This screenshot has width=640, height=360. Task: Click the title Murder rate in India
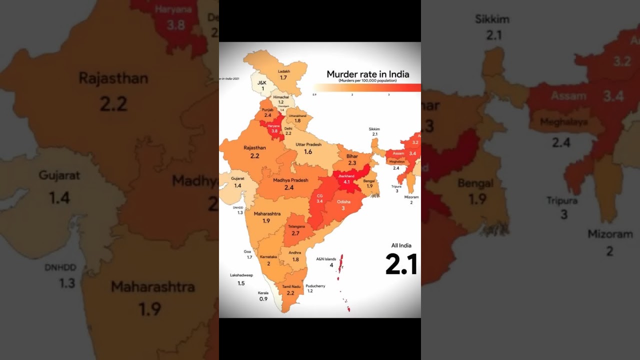point(367,74)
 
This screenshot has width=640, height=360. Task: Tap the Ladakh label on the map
point(283,71)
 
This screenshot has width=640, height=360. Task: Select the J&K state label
point(262,82)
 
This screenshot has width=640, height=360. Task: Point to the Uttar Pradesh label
point(308,144)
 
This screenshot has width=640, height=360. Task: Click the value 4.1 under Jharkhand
point(346,182)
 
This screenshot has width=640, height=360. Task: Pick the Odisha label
point(343,201)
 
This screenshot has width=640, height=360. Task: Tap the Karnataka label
point(268,256)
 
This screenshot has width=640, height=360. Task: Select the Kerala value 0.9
point(263,299)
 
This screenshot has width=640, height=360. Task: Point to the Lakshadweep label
point(241,275)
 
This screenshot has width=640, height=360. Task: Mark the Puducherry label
point(315,286)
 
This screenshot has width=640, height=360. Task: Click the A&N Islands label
point(326,259)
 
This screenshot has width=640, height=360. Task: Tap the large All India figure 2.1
point(401,264)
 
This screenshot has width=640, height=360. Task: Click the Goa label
point(247,251)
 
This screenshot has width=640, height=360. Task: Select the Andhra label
point(295,252)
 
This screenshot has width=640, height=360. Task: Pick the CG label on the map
point(319,195)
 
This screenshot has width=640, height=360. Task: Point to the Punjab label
point(267,109)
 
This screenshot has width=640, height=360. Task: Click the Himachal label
point(280,97)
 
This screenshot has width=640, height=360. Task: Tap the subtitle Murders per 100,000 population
point(367,80)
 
